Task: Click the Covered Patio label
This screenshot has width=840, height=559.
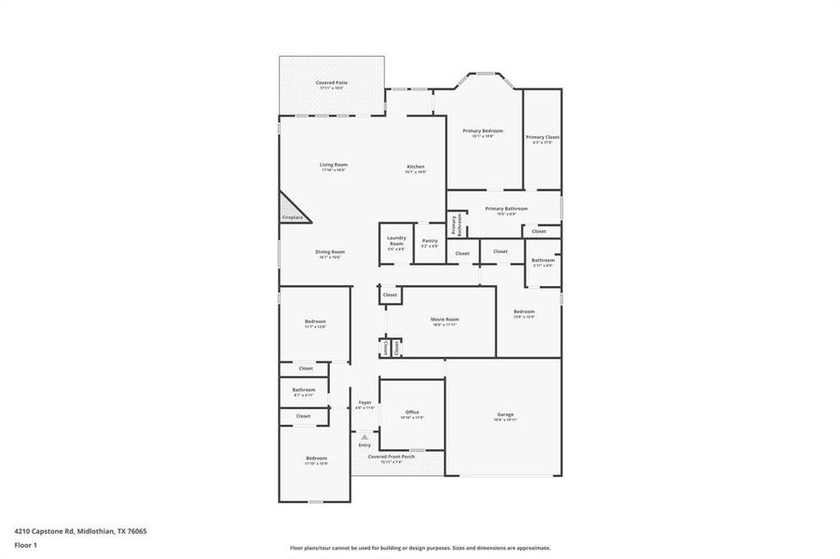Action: pyautogui.click(x=331, y=83)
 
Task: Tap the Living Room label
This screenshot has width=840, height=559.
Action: pyautogui.click(x=334, y=165)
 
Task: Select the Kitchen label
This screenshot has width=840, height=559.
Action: pyautogui.click(x=415, y=168)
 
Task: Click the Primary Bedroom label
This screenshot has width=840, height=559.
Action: pyautogui.click(x=484, y=131)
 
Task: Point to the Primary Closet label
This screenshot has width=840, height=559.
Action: pyautogui.click(x=542, y=138)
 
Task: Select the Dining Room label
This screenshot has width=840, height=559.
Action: pyautogui.click(x=330, y=252)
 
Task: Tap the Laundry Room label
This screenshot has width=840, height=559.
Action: pyautogui.click(x=396, y=240)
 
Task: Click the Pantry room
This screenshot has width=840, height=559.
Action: pyautogui.click(x=430, y=244)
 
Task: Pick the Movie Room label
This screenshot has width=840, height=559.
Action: pyautogui.click(x=445, y=320)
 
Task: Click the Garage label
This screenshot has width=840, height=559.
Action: pyautogui.click(x=505, y=416)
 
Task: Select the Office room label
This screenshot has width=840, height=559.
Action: pyautogui.click(x=412, y=413)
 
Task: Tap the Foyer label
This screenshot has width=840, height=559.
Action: pyautogui.click(x=365, y=403)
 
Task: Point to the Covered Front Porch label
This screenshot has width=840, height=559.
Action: pyautogui.click(x=392, y=457)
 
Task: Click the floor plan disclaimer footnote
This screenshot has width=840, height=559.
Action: pyautogui.click(x=420, y=548)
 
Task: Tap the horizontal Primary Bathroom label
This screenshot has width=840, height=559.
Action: pyautogui.click(x=506, y=210)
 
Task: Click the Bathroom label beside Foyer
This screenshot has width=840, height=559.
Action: pyautogui.click(x=303, y=390)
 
